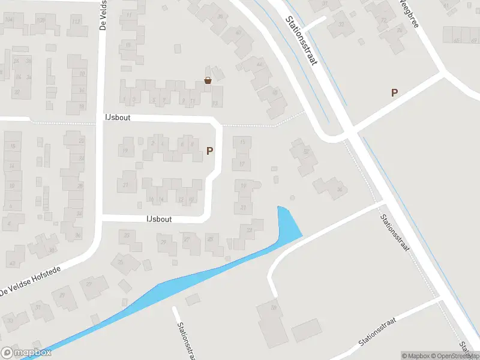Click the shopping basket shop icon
(x=208, y=80)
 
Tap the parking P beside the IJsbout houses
(x=209, y=151)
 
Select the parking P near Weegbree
(x=394, y=92)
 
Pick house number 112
(x=76, y=22)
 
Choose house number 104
(x=8, y=20)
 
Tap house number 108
(x=41, y=20)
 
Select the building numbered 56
(x=340, y=190)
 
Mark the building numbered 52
(x=306, y=152)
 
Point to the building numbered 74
(x=400, y=30)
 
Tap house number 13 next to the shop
(x=215, y=103)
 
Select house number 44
(x=260, y=64)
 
